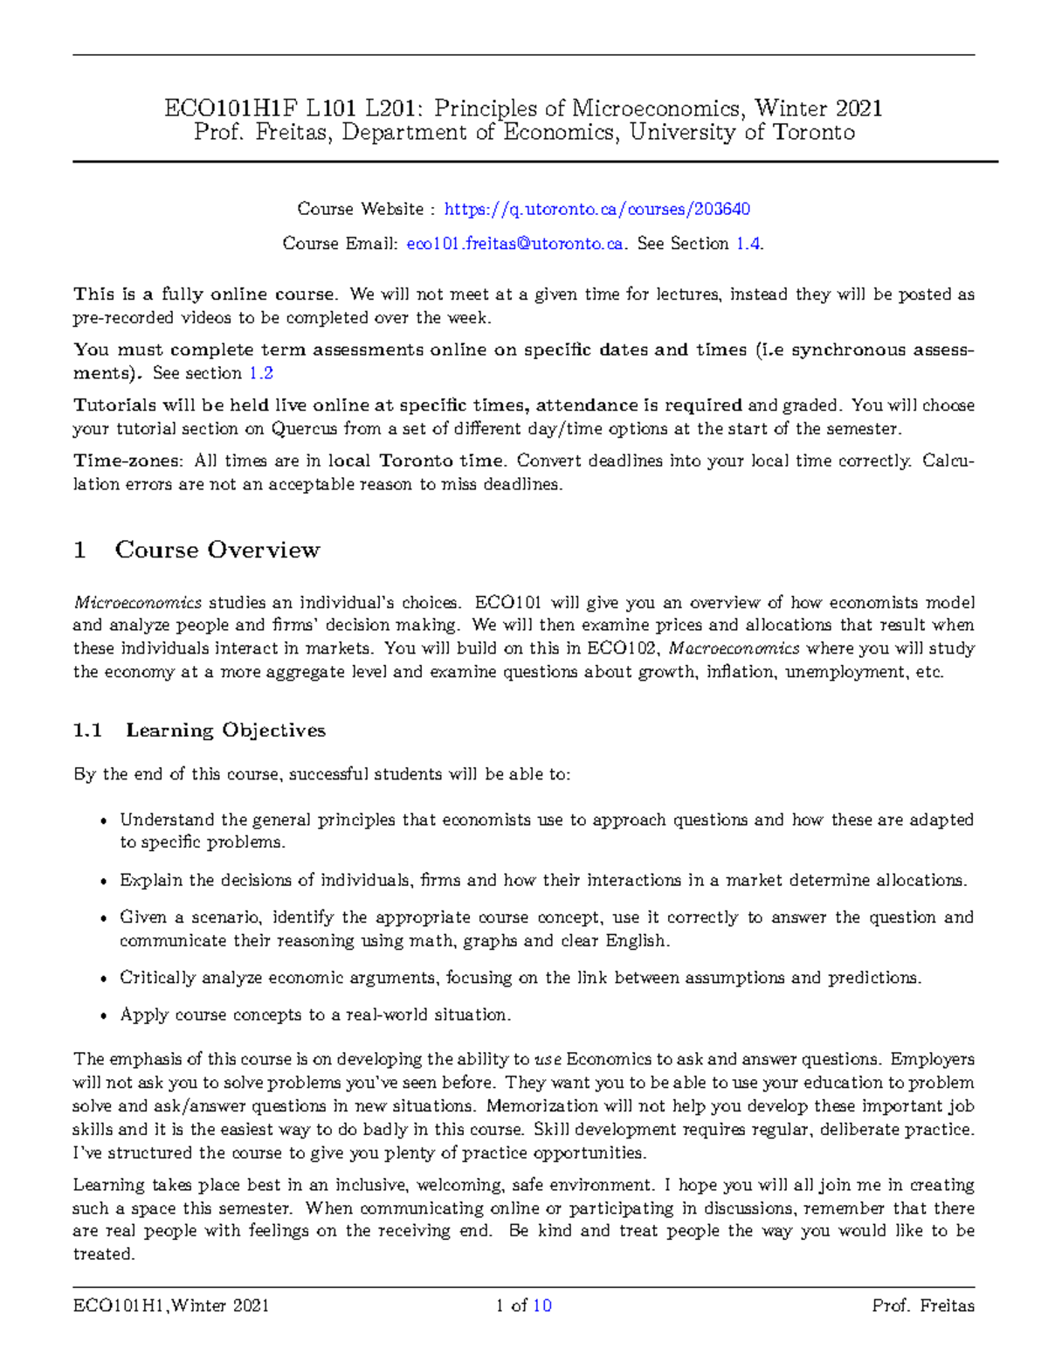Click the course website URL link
597,209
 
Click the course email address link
515,244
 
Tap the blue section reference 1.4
748,244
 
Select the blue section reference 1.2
261,373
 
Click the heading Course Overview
217,550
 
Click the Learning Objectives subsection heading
225,730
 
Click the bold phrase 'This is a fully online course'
204,294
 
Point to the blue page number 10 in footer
541,1306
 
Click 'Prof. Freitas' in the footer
922,1306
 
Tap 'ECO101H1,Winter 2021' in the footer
171,1306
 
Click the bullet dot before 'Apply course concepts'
104,1016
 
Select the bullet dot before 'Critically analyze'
104,980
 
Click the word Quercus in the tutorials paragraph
305,429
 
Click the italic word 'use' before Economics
548,1060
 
